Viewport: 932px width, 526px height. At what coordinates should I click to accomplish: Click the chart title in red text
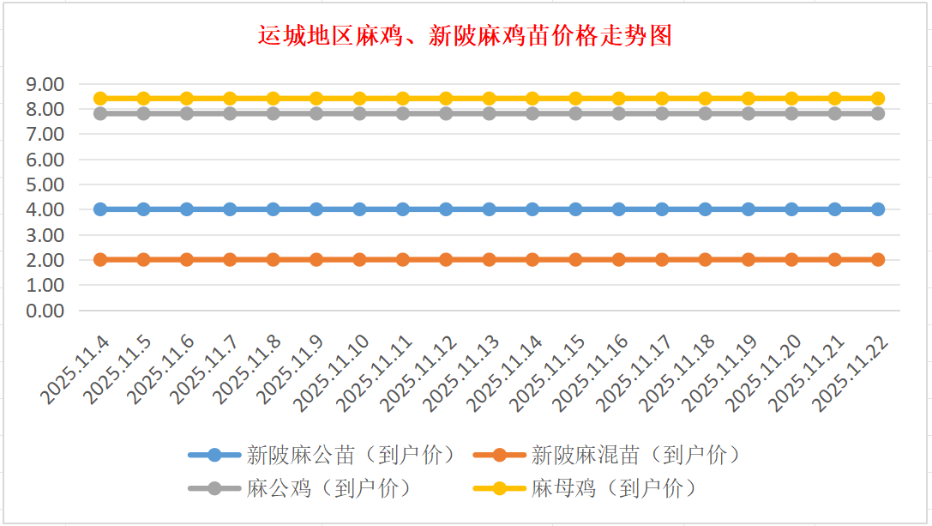(465, 35)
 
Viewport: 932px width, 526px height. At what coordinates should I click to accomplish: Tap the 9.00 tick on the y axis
(45, 84)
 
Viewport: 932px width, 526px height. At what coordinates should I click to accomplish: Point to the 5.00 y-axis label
(45, 184)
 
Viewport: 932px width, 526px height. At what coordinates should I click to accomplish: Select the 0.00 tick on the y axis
(45, 311)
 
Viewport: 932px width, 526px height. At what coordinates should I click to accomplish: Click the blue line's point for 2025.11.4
(100, 209)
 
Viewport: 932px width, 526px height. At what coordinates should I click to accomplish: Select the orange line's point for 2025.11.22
(878, 259)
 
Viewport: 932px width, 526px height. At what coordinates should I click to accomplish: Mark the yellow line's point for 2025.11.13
(490, 99)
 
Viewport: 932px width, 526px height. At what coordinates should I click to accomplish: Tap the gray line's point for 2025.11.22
(878, 113)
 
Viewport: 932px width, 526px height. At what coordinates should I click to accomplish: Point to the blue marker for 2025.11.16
(619, 209)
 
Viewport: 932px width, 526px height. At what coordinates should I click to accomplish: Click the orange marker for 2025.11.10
(360, 259)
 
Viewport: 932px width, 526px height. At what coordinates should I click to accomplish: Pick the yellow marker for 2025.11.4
(100, 99)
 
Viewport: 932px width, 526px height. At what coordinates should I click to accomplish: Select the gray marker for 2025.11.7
(230, 113)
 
